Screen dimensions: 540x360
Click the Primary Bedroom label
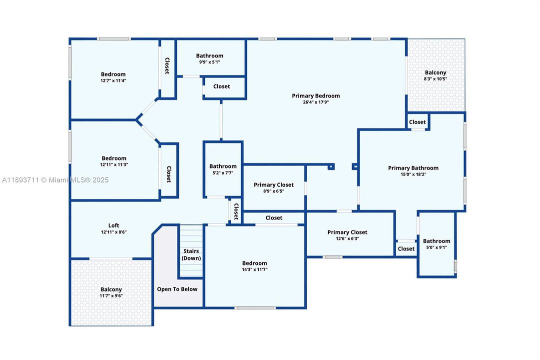click(x=316, y=96)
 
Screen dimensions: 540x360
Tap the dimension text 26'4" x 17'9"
click(x=316, y=102)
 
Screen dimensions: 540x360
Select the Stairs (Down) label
click(x=191, y=254)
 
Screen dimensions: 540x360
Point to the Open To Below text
click(x=177, y=289)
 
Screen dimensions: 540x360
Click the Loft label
click(x=114, y=225)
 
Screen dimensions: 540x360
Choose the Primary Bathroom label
click(x=413, y=168)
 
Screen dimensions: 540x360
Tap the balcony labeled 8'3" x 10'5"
click(x=436, y=75)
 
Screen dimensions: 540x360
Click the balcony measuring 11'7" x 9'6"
click(x=111, y=292)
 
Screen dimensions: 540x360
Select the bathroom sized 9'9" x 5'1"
click(x=210, y=58)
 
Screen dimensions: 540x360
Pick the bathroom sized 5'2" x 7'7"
click(x=223, y=169)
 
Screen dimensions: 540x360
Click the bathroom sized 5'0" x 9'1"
click(x=436, y=244)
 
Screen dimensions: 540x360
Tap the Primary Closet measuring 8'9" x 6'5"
click(x=274, y=187)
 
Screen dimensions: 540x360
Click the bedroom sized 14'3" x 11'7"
click(x=254, y=266)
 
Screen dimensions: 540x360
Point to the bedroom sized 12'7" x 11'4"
click(x=114, y=77)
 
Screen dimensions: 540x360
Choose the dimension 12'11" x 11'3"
click(x=114, y=165)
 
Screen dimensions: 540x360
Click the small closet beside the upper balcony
click(x=418, y=121)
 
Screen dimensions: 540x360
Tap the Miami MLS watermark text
click(x=55, y=179)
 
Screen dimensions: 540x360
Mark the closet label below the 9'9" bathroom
click(x=221, y=86)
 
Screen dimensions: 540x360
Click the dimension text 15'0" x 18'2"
click(x=413, y=174)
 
